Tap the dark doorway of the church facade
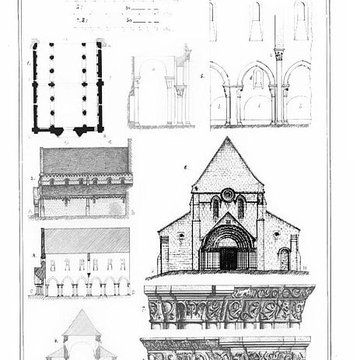pos(229,257)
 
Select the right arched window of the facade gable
pos(241,208)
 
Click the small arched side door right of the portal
pos(283,260)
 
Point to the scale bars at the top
pos(109,14)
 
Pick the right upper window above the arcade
pos(301,14)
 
